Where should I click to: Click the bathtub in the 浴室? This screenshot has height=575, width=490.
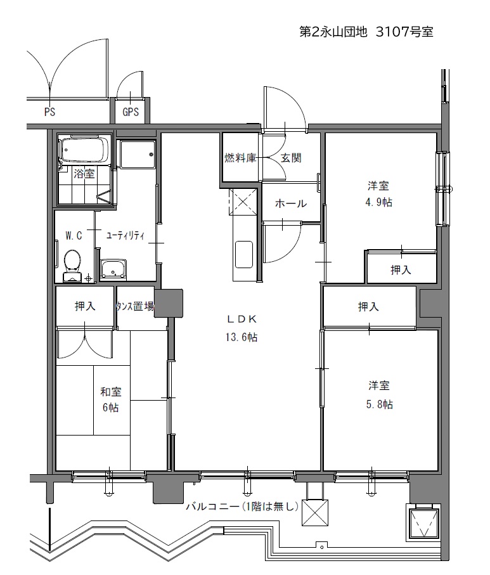click(85, 150)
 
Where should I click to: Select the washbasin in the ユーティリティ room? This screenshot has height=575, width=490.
click(113, 269)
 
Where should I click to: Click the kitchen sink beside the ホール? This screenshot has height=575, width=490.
click(243, 254)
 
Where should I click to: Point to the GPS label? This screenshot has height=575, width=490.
click(131, 112)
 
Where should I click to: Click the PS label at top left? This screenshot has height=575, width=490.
click(49, 112)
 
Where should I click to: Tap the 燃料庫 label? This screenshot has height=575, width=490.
click(240, 158)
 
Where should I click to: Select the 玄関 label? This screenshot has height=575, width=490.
click(291, 158)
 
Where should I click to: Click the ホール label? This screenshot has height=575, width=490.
click(291, 203)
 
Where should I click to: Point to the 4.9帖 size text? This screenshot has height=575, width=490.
click(379, 202)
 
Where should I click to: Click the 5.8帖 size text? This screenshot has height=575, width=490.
click(380, 404)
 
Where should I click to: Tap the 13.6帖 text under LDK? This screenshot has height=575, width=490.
click(242, 337)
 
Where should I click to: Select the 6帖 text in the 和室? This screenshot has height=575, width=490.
click(111, 407)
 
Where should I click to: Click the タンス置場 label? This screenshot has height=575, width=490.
click(135, 306)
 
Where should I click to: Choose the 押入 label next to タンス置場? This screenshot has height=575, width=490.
click(85, 306)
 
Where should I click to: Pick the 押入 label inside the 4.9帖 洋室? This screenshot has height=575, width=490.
click(401, 270)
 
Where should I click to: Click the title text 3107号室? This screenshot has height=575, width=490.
click(404, 32)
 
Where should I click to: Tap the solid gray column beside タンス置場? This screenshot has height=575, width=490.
click(169, 303)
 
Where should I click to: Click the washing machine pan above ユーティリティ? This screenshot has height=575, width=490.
click(138, 155)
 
